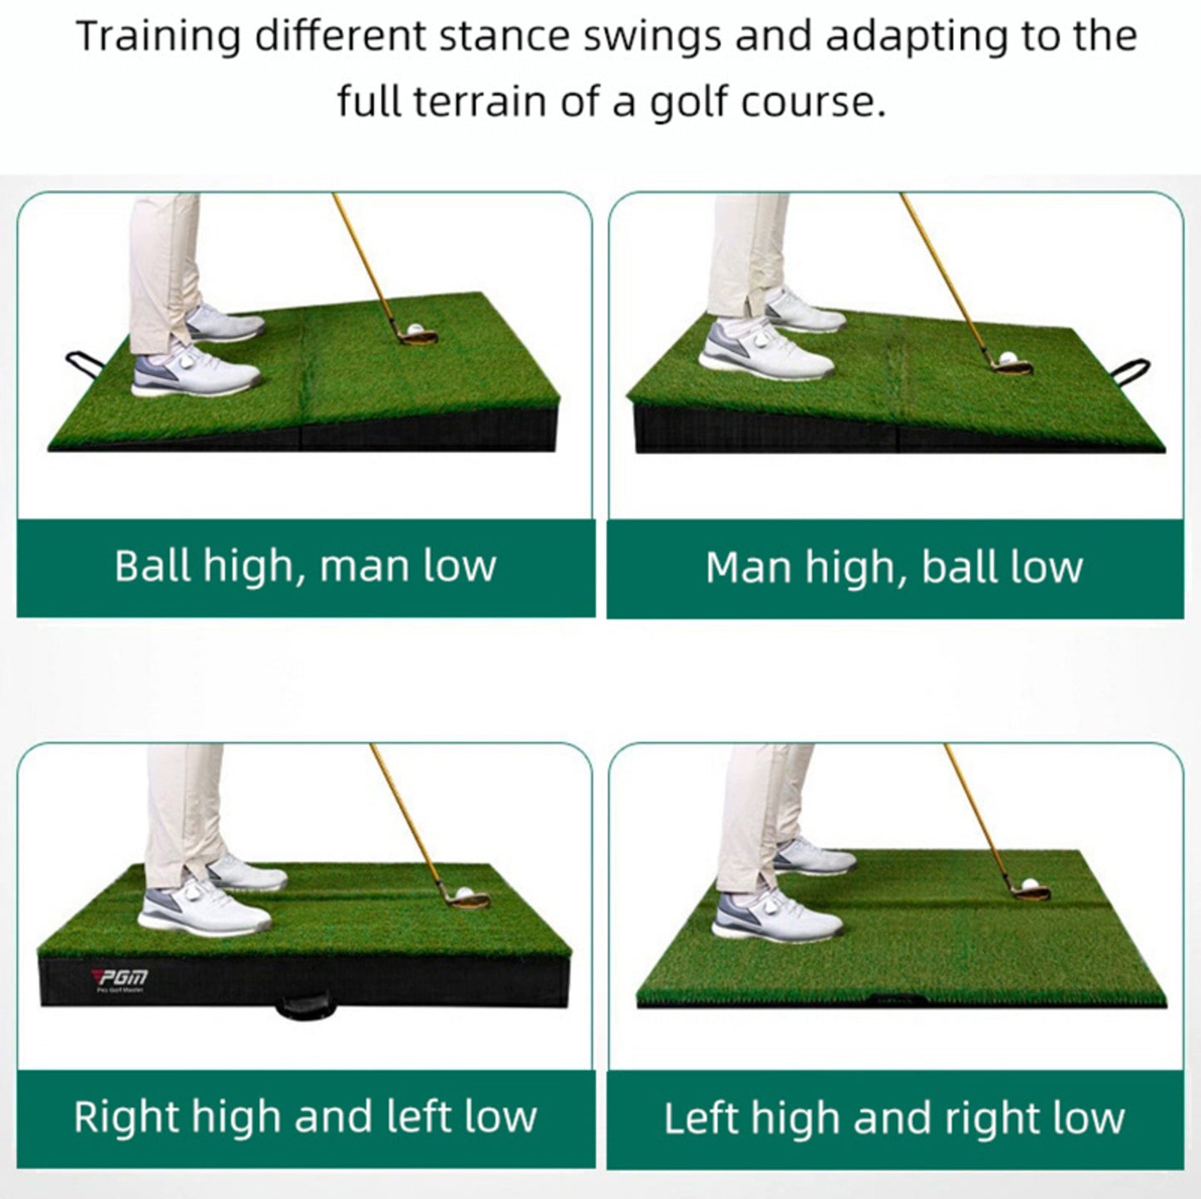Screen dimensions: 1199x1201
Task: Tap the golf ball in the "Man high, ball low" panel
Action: (1008, 358)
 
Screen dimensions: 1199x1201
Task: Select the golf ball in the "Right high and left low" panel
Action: (464, 896)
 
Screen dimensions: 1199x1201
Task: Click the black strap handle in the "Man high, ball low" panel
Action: (1131, 367)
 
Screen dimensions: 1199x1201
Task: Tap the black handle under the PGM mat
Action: (299, 1007)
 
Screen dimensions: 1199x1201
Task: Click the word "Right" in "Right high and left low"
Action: (127, 1118)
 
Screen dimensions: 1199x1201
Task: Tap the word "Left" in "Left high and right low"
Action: (701, 1119)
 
